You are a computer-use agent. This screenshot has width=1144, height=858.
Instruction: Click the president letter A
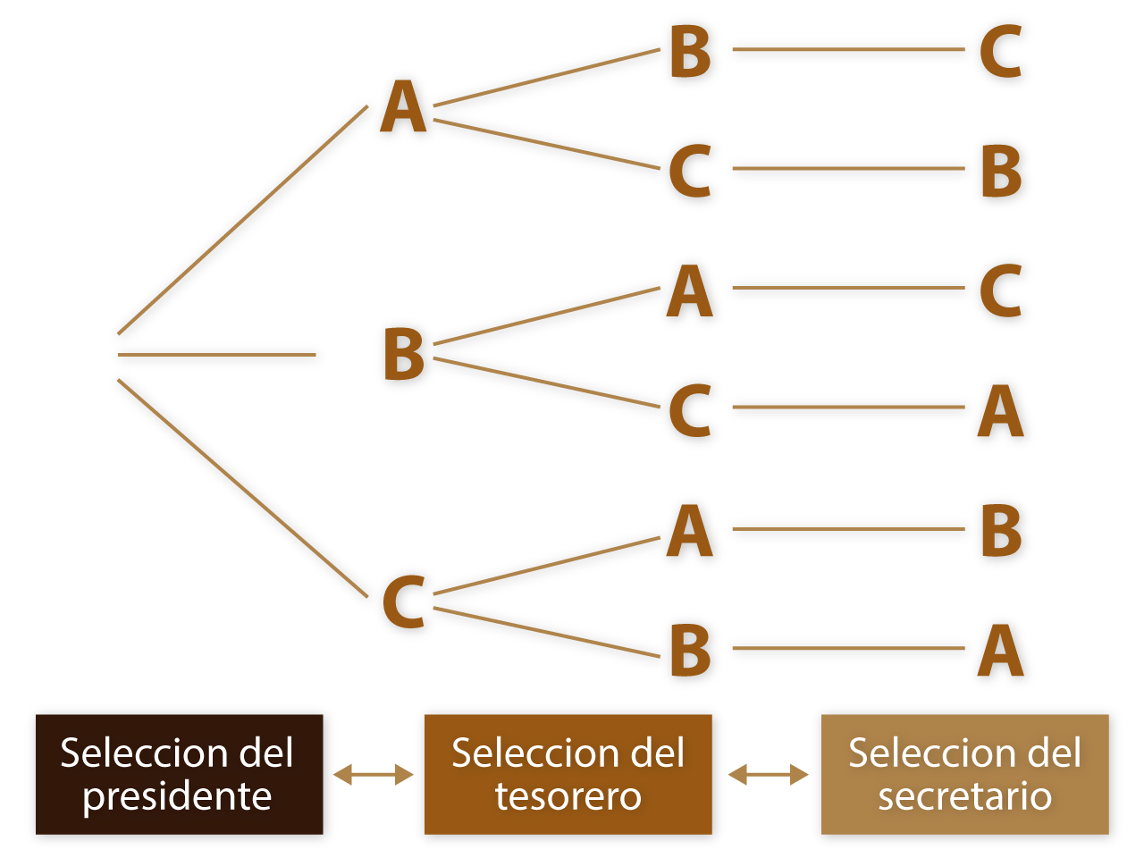tap(403, 107)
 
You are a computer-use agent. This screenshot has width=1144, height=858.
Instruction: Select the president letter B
tap(403, 354)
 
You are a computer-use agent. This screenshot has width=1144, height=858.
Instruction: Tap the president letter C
tap(403, 601)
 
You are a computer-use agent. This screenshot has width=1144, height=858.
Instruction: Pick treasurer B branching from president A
tap(690, 51)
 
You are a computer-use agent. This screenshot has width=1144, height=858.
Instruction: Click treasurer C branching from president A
tap(690, 170)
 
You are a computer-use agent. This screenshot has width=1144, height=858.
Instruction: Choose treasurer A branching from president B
tap(690, 291)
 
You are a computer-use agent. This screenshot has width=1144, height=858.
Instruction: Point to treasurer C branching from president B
tap(690, 410)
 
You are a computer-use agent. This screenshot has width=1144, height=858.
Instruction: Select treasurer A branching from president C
tap(690, 531)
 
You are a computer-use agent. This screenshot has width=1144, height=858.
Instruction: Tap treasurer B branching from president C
tap(690, 650)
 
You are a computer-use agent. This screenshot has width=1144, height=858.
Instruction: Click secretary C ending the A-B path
tap(1000, 51)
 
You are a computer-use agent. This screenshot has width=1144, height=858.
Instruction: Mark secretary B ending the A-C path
tap(1000, 170)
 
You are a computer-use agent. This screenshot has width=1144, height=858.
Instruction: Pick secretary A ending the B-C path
tap(1000, 410)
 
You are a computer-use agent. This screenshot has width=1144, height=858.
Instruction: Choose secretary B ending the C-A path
tap(1000, 531)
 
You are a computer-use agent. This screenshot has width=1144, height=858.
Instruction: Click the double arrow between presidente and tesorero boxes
tap(374, 775)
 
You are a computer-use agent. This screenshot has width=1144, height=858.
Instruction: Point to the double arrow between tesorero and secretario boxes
tap(768, 775)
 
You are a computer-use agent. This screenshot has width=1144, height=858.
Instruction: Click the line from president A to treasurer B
tap(547, 78)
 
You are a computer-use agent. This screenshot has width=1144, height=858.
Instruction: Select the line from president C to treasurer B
tap(547, 632)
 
